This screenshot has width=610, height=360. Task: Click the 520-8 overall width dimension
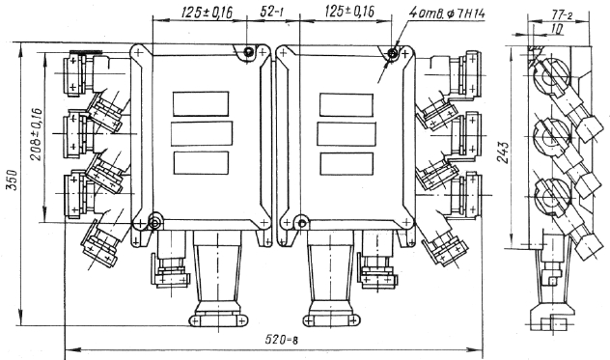[282, 340]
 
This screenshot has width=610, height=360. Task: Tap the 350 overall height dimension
[14, 180]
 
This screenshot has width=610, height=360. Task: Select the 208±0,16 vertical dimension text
[36, 133]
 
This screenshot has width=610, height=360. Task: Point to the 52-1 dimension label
[271, 13]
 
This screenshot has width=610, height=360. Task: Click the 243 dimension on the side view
[505, 152]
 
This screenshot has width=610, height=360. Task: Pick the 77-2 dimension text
[562, 15]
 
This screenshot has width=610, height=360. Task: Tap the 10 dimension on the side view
[557, 29]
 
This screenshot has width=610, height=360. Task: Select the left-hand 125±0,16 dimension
[207, 13]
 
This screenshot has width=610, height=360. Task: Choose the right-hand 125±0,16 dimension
[349, 12]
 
